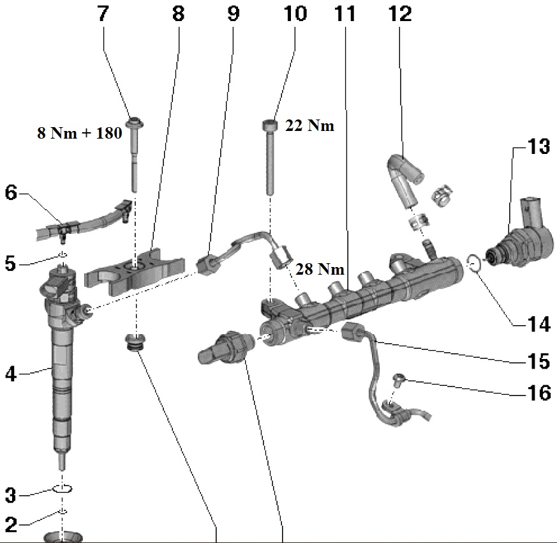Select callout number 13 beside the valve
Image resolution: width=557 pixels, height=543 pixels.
(538, 147)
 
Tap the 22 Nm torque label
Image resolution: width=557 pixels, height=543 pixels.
(310, 126)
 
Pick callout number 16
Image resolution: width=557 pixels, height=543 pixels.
(538, 392)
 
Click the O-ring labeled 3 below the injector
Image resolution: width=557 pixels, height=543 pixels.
(62, 489)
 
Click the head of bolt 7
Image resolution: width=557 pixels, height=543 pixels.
(135, 122)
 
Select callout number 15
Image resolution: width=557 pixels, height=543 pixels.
(539, 361)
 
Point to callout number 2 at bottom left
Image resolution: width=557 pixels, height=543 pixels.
(10, 525)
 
